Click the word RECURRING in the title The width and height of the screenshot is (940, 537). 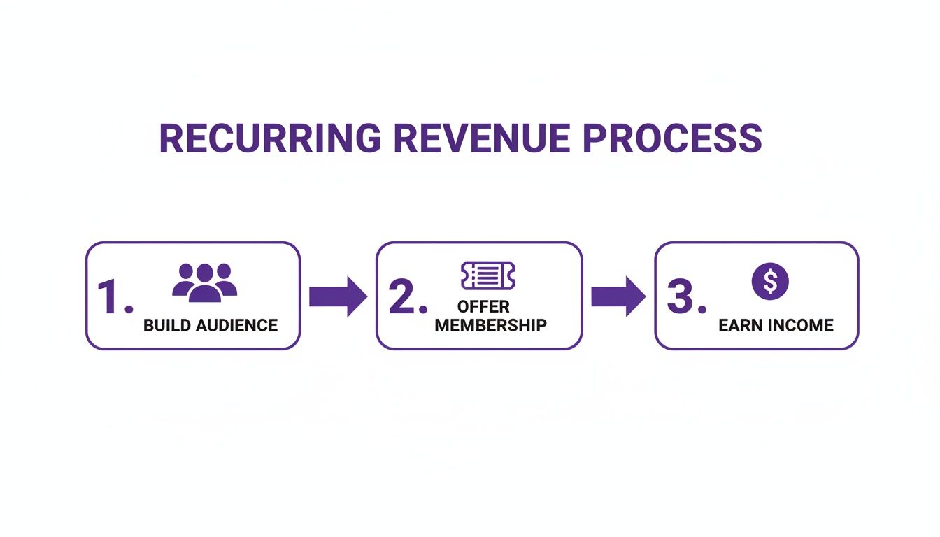pos(270,138)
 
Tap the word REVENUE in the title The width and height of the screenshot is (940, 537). pos(481,138)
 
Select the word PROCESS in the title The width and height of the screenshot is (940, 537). pos(672,138)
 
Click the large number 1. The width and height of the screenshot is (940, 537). pos(112,297)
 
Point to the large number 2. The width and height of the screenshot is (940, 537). pos(404,297)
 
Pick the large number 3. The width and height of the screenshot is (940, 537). pos(682,297)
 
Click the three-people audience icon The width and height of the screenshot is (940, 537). pos(205,282)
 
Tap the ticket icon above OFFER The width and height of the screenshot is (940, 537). pos(487,275)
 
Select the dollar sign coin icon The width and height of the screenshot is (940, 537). pos(770,282)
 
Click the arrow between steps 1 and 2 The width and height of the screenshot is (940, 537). pos(338,296)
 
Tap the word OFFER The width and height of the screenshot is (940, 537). pos(483,307)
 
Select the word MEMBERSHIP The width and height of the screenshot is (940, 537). pos(490,325)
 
